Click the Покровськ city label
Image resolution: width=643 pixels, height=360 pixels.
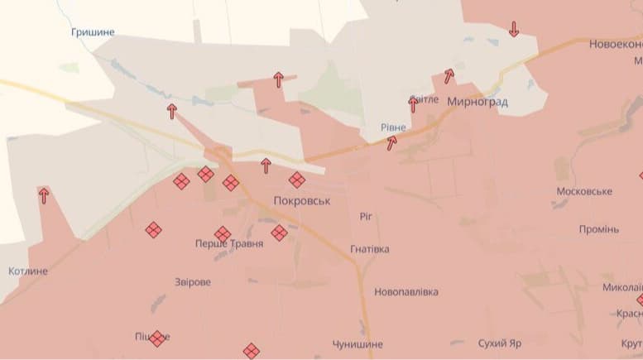(302, 201)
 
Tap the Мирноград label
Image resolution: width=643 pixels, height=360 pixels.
(477, 103)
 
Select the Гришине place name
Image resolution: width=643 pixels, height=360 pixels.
(93, 32)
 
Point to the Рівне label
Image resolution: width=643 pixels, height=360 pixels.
(393, 127)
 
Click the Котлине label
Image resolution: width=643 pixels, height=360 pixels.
(27, 271)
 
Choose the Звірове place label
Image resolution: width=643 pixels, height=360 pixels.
(193, 282)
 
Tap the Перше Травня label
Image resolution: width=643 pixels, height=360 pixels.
(229, 244)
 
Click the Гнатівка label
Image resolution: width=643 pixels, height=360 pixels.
(370, 249)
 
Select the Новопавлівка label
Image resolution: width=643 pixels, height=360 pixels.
(406, 292)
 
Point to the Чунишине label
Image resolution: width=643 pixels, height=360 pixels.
(357, 343)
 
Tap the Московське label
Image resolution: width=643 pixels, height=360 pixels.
(584, 191)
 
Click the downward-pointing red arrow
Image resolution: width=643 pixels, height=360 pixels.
(514, 29)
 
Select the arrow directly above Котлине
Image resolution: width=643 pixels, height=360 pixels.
(43, 195)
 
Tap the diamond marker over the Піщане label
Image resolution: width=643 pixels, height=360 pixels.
(156, 338)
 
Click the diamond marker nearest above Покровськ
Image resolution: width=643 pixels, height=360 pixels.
(296, 180)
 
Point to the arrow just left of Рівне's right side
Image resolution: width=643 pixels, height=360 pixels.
(391, 142)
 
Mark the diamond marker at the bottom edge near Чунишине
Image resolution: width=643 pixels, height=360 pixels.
(251, 351)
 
